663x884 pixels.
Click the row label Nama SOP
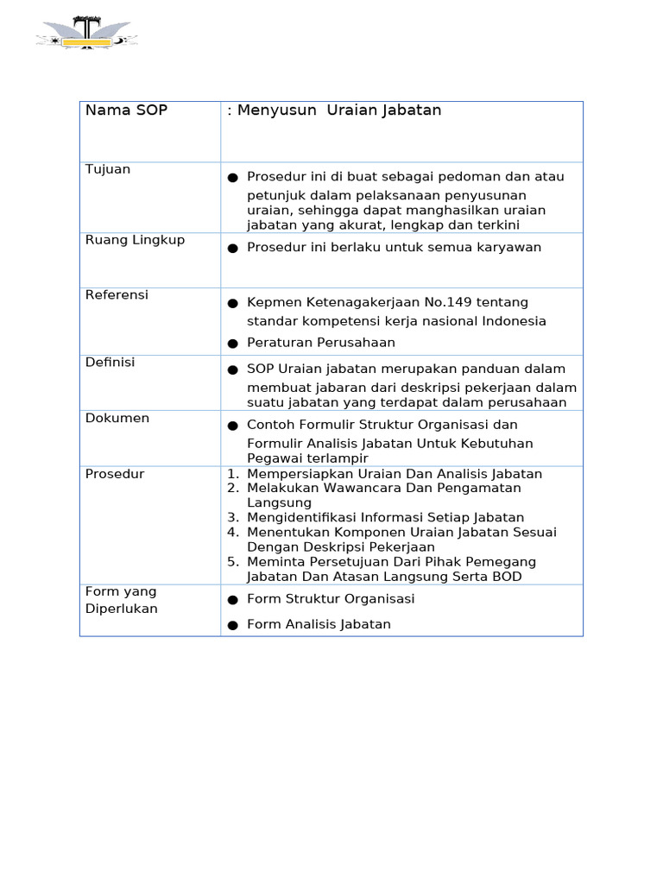click(x=126, y=110)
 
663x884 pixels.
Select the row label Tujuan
click(x=108, y=169)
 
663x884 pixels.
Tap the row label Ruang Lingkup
click(x=135, y=240)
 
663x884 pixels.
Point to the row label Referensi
click(x=117, y=295)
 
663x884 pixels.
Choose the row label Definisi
click(x=110, y=363)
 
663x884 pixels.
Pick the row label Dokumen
click(x=117, y=419)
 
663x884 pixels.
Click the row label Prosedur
click(x=114, y=474)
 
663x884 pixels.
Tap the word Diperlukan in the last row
click(x=122, y=609)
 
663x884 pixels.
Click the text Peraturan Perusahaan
click(x=321, y=343)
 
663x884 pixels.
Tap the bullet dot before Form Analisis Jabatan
click(x=232, y=625)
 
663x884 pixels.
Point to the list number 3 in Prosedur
click(x=232, y=517)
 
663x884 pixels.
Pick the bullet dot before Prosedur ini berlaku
click(x=232, y=249)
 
